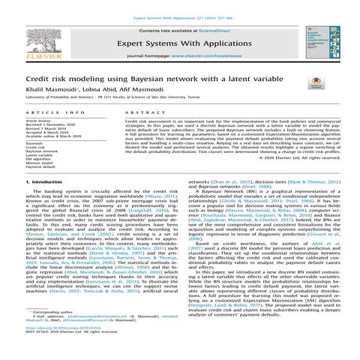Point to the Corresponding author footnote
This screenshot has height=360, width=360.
point(56,332)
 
